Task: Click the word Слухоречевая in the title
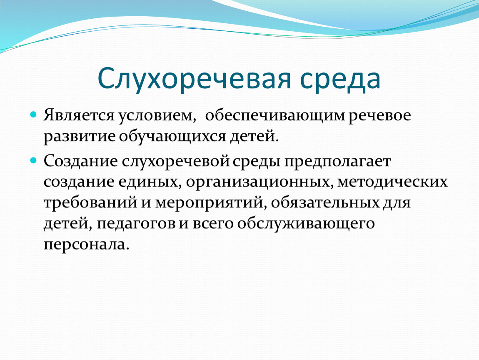point(194,79)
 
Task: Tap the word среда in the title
point(340,79)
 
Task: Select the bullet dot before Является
point(33,115)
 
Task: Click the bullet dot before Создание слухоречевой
point(33,160)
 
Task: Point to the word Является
point(79,115)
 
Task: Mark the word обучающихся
point(172,136)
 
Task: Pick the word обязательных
point(325,203)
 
